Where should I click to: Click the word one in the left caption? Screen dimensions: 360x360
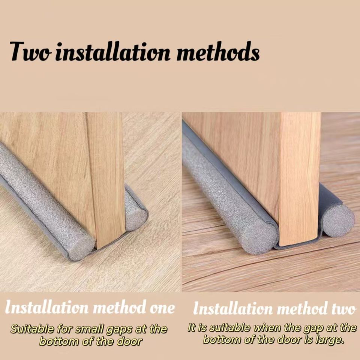(x=162, y=308)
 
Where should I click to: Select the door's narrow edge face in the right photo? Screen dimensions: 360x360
(x=300, y=179)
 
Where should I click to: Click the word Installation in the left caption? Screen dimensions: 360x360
(x=47, y=307)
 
